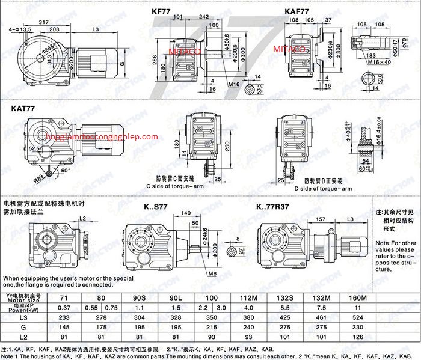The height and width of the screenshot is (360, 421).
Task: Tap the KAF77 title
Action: pyautogui.click(x=297, y=10)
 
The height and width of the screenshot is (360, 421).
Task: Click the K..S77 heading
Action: pyautogui.click(x=157, y=207)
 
